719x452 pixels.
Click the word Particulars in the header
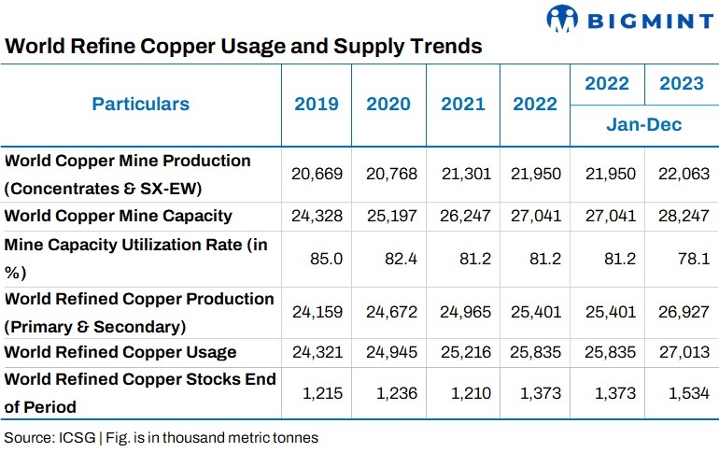pos(140,104)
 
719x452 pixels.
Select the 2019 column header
pos(317,104)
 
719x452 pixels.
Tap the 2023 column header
pos(681,83)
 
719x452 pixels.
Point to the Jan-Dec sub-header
pos(644,124)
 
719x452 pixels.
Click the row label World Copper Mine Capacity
pos(119,216)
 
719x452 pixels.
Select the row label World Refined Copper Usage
pos(120,352)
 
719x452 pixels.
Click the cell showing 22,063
pos(684,174)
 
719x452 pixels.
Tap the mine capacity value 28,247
pos(684,216)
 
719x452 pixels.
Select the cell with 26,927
pos(684,312)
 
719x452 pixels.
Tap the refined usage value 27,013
pos(684,352)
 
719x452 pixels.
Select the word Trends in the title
pos(444,45)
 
